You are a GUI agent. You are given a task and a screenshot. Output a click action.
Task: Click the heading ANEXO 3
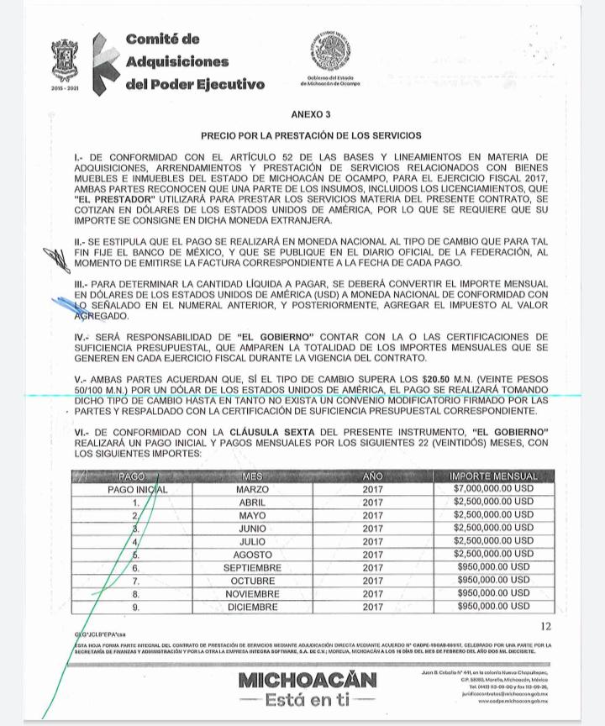coord(311,113)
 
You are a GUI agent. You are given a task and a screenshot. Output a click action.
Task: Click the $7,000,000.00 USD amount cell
coord(493,488)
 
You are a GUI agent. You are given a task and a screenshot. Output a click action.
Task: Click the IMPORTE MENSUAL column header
coord(493,476)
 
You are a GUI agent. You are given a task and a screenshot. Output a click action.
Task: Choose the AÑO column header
coord(372,476)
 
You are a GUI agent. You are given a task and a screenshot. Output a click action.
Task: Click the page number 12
coord(547,626)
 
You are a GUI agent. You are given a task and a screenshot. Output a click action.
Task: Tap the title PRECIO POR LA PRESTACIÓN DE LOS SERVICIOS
coord(311,134)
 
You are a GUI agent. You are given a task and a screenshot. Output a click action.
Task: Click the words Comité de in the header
coord(162,39)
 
